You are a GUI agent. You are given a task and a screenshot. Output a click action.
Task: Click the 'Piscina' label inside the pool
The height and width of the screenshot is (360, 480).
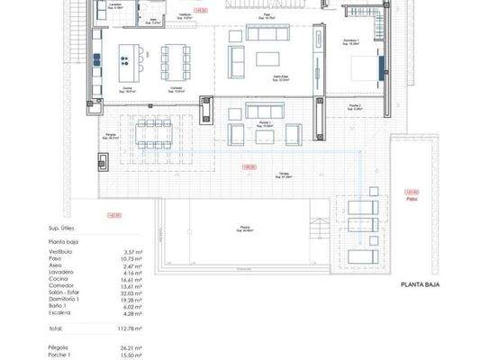[244, 227]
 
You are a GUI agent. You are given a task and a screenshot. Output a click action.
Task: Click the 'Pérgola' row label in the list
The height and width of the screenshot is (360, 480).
[59, 346]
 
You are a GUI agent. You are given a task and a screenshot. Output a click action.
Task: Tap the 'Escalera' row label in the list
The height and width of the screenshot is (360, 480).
[61, 312]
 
